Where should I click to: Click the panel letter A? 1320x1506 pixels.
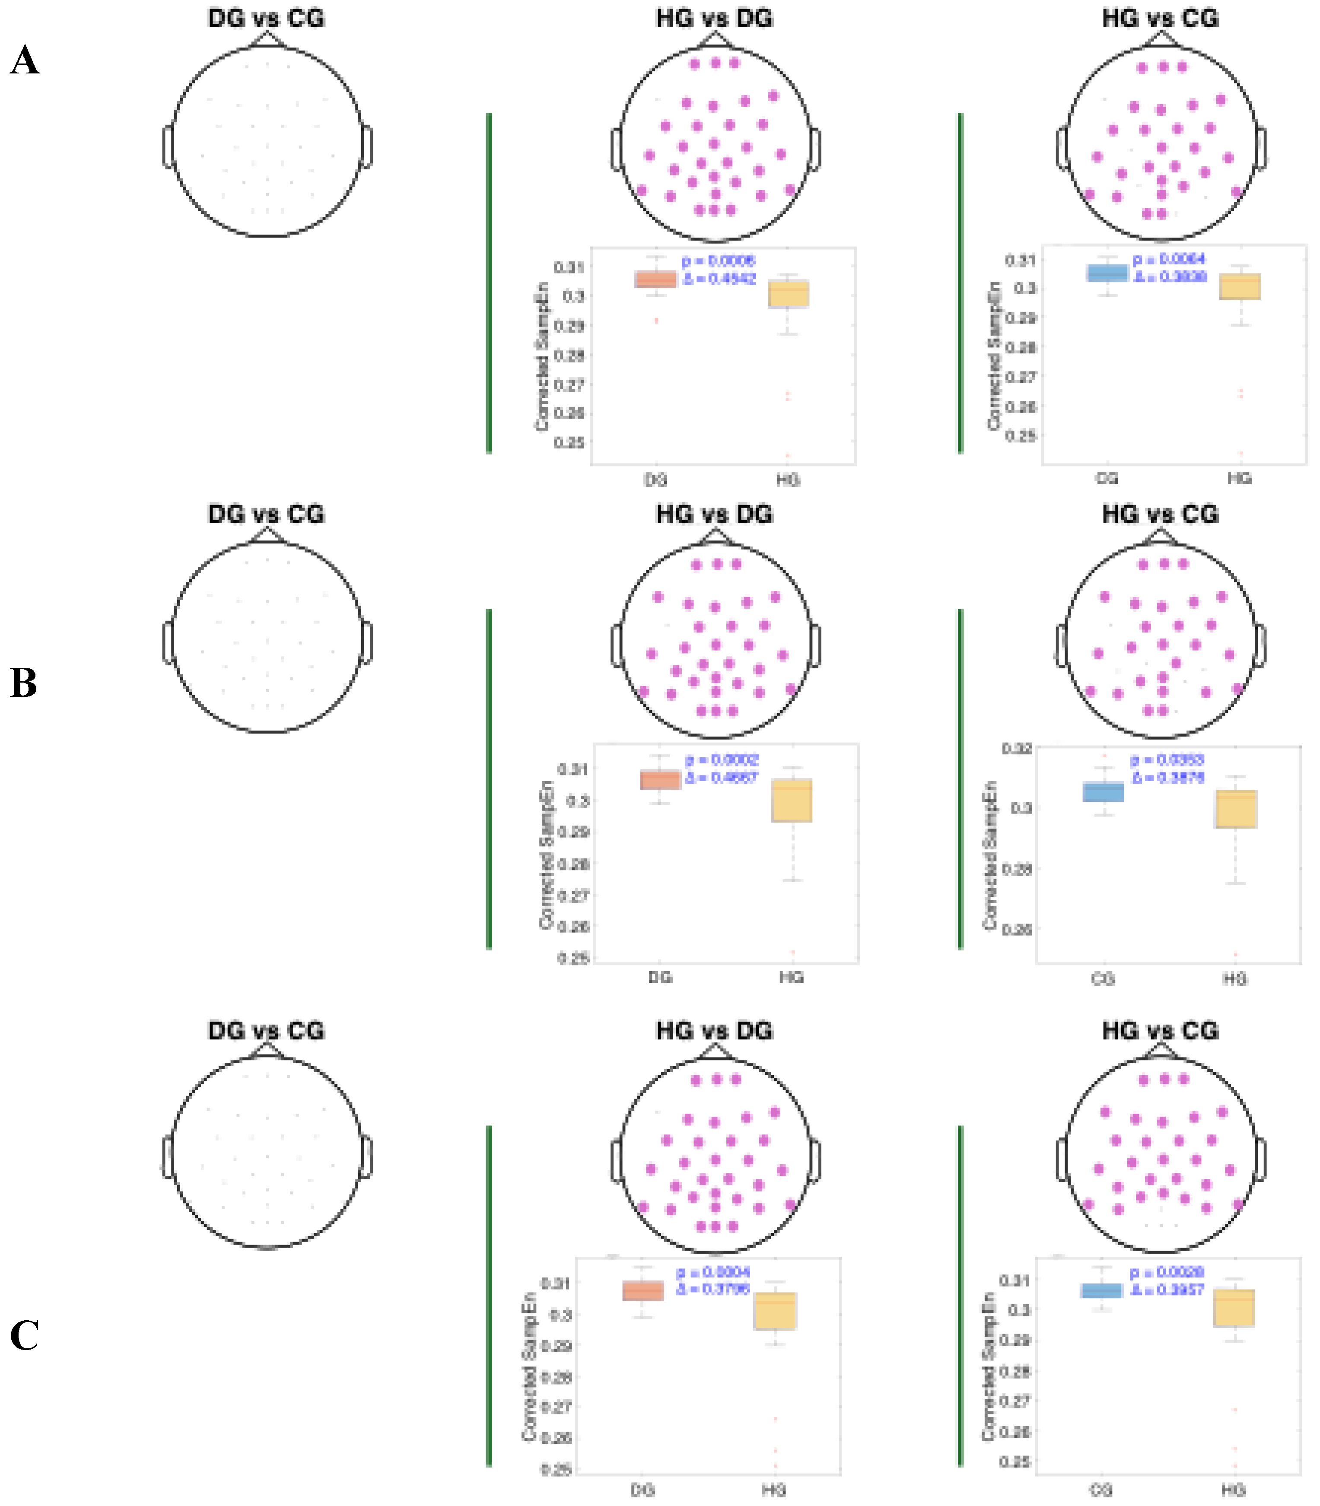pyautogui.click(x=24, y=60)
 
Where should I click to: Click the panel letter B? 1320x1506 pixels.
pyautogui.click(x=24, y=683)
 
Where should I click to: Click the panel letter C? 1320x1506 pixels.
pyautogui.click(x=24, y=1335)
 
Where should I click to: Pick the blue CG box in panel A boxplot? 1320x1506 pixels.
pyautogui.click(x=1107, y=273)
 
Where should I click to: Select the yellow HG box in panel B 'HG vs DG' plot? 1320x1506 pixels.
pyautogui.click(x=792, y=801)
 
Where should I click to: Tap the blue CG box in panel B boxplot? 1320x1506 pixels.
pyautogui.click(x=1104, y=791)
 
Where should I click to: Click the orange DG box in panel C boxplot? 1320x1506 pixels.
pyautogui.click(x=643, y=1291)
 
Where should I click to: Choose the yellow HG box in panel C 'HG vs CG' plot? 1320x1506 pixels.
pyautogui.click(x=1234, y=1308)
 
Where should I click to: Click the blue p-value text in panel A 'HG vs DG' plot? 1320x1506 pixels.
pyautogui.click(x=718, y=261)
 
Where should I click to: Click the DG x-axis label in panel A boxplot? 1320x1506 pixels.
pyautogui.click(x=655, y=480)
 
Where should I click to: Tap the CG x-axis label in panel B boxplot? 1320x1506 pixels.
pyautogui.click(x=1103, y=979)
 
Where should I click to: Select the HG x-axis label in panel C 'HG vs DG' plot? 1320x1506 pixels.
pyautogui.click(x=773, y=1490)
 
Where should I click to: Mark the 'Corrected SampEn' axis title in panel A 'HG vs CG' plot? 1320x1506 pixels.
pyautogui.click(x=994, y=355)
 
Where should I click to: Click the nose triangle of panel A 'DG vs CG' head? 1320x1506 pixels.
pyautogui.click(x=268, y=40)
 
